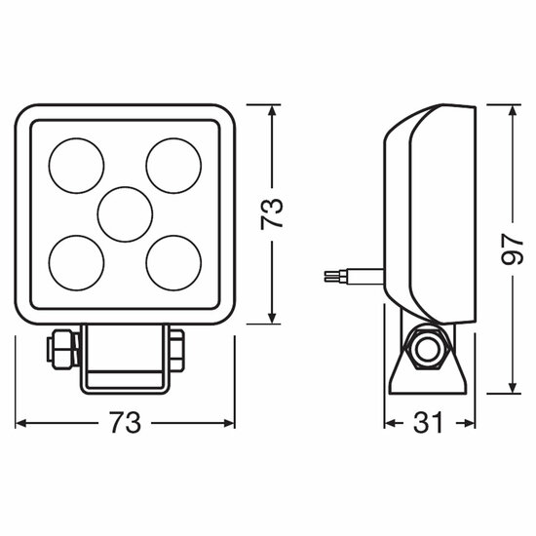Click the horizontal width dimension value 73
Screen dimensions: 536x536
[x=125, y=423]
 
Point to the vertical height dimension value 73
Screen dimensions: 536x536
[x=272, y=214]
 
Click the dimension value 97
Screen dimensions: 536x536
[x=512, y=249]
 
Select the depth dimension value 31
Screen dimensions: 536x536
[x=428, y=423]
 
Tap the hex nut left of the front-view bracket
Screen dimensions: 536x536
[x=63, y=349]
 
